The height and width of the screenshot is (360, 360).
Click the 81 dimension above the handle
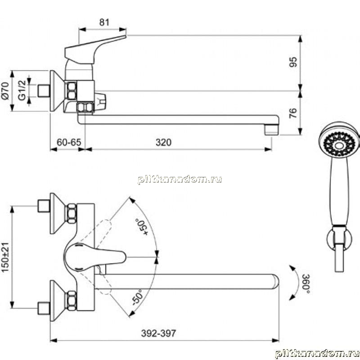coord(104,22)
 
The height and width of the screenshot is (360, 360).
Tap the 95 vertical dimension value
coord(293,62)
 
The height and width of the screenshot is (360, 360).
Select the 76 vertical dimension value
coord(293,113)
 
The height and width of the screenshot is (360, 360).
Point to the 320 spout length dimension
coord(163,142)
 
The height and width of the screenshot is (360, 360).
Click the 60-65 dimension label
coord(69,142)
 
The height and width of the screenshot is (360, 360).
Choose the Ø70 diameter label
coord(5,91)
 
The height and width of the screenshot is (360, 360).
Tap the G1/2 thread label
coord(22,90)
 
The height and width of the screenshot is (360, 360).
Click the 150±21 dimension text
coord(5,257)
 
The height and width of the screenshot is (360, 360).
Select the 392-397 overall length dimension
coord(159,333)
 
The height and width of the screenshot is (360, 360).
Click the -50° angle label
coord(137,297)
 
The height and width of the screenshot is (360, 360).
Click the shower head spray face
coord(339,144)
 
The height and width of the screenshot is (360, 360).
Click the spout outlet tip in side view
coord(271,130)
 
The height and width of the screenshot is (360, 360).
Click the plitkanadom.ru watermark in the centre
coord(180,179)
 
